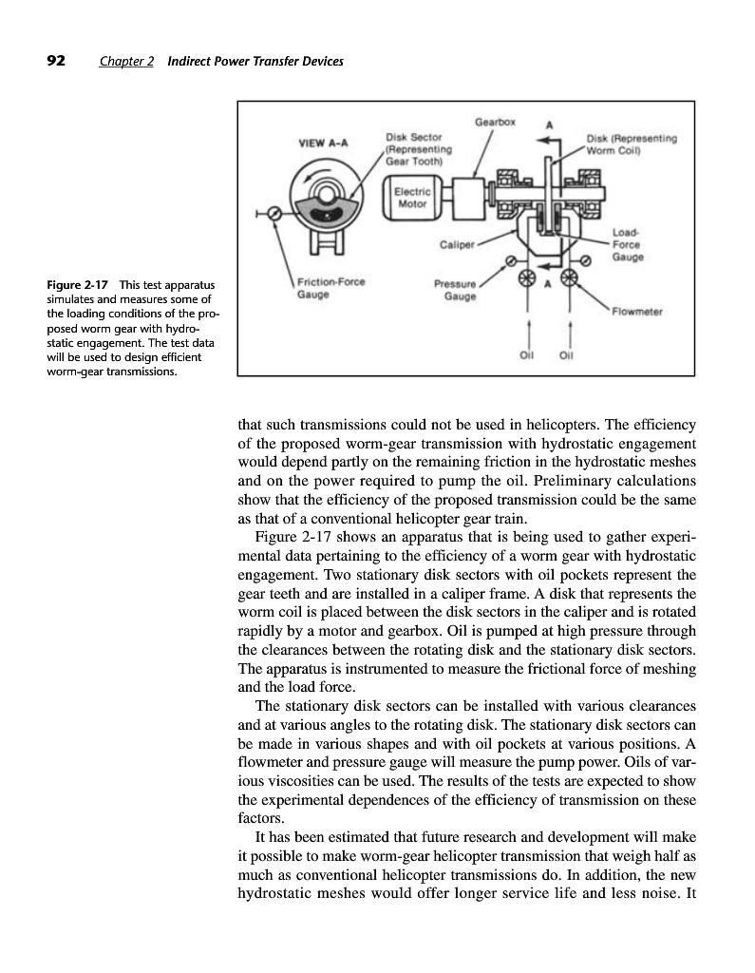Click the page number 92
tap(56, 62)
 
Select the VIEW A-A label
tap(323, 143)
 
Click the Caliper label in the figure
tap(457, 243)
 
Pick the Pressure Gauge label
tap(454, 289)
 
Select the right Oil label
tap(569, 357)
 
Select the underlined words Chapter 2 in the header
tap(126, 63)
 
